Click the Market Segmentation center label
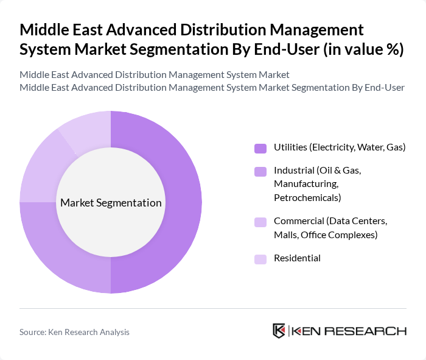[x=110, y=203]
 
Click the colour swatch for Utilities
[x=261, y=148]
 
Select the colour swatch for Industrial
[x=261, y=171]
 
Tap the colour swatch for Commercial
[x=261, y=222]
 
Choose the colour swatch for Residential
[x=261, y=259]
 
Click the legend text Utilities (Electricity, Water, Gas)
[x=340, y=147]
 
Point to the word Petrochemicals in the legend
[x=307, y=197]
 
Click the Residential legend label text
[x=297, y=258]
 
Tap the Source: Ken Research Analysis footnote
[x=74, y=332]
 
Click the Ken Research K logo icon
[x=279, y=331]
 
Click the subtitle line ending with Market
[x=154, y=75]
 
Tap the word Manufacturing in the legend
[x=306, y=184]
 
